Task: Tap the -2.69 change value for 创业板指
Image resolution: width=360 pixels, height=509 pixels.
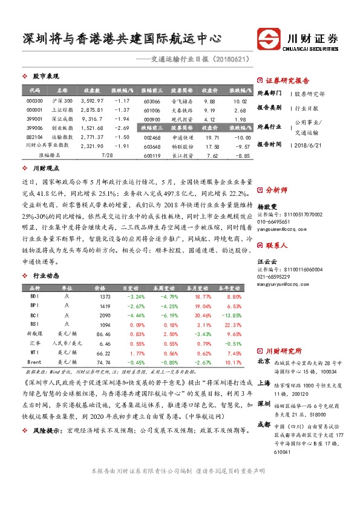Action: pyautogui.click(x=123, y=128)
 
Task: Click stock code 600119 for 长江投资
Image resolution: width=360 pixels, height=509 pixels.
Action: pyautogui.click(x=152, y=155)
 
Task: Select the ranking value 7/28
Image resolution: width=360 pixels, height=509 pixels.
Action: pyautogui.click(x=108, y=155)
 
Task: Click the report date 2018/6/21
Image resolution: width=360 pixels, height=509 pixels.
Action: pyautogui.click(x=312, y=144)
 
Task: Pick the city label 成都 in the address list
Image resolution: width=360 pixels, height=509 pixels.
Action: pyautogui.click(x=264, y=424)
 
